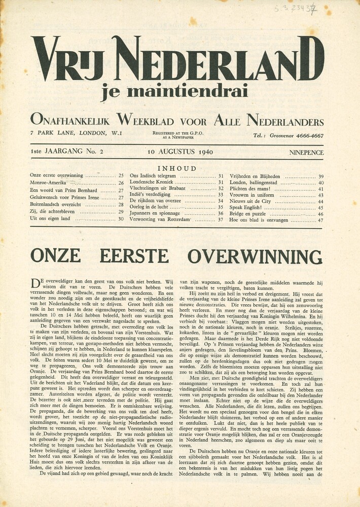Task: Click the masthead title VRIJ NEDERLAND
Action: coord(177,60)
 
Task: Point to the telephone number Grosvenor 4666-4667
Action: coord(288,136)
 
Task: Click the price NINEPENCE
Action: coord(306,152)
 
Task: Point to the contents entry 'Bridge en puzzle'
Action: coord(249,214)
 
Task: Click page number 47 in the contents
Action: coord(320,221)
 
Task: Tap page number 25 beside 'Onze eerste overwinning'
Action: coord(121,175)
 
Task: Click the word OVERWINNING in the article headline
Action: coord(255,256)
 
